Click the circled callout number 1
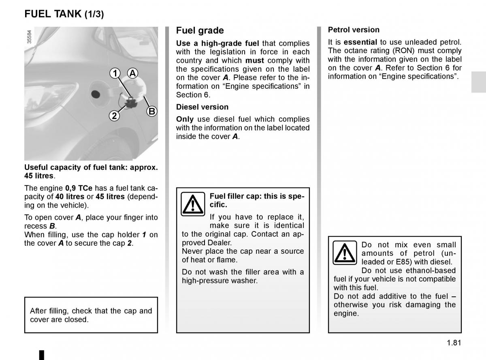115,73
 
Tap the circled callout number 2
114,116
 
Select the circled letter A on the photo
132,73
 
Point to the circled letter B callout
151,111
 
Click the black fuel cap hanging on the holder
131,103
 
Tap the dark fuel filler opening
96,94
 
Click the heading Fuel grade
200,30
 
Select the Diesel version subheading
202,107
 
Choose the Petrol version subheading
354,30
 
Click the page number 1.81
454,343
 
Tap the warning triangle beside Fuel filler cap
193,204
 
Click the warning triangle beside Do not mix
345,253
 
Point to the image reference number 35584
29,37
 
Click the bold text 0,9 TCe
79,188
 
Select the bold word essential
360,42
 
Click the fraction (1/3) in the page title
94,14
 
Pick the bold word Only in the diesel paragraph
185,119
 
